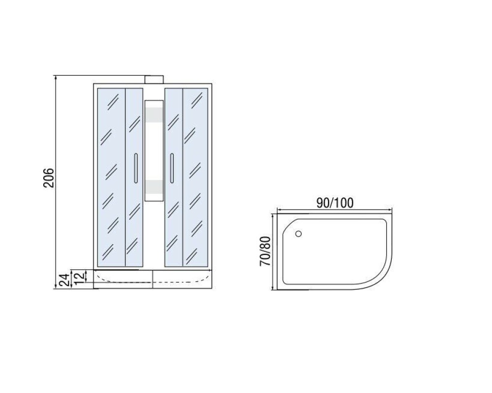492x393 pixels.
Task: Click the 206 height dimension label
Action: [x=49, y=178]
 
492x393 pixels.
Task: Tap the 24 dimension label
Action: [x=64, y=280]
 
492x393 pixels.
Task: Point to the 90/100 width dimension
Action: [x=335, y=203]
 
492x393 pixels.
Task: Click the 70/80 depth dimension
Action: [x=265, y=251]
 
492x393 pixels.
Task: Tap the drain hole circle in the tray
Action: [x=299, y=233]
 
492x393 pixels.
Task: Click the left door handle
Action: [x=136, y=168]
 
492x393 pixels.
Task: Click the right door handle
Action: [x=172, y=168]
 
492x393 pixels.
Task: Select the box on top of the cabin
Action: [x=154, y=80]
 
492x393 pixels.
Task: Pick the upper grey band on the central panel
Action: [x=154, y=114]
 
